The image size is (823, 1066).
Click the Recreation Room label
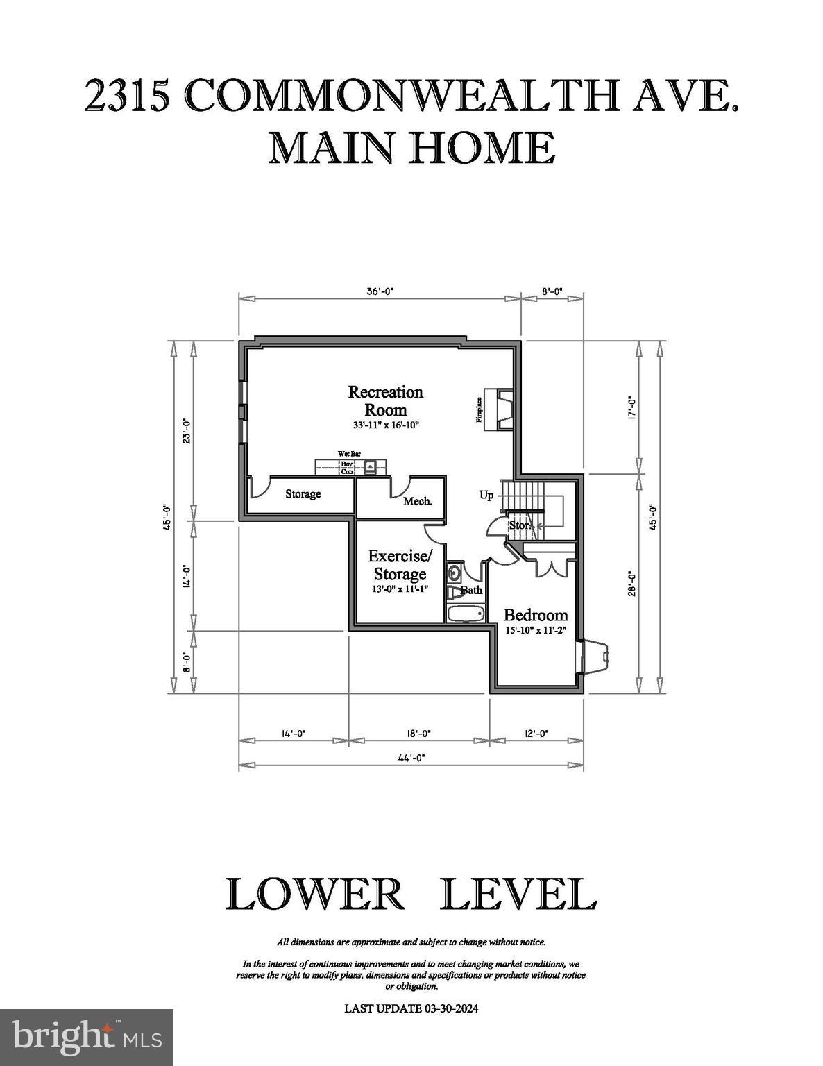(385, 400)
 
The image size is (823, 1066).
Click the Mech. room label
(418, 501)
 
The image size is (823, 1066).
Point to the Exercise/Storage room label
(400, 565)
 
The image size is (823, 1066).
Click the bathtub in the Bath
(466, 614)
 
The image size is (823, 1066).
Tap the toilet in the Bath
(454, 592)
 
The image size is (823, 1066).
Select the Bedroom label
(535, 615)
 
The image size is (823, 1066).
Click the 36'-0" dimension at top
(380, 292)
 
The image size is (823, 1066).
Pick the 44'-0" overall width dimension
(411, 758)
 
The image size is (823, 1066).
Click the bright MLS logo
(87, 1037)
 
